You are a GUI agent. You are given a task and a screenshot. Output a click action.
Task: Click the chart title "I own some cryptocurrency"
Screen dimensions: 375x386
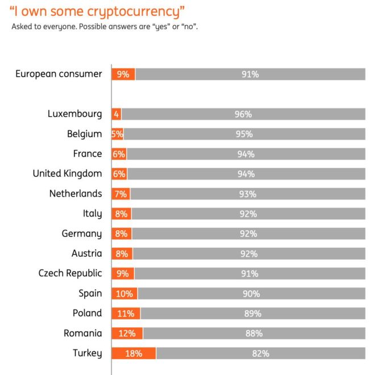97,11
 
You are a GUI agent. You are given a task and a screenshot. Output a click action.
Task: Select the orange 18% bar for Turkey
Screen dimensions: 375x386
134,353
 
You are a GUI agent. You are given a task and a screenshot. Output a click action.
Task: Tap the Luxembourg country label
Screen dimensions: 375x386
75,114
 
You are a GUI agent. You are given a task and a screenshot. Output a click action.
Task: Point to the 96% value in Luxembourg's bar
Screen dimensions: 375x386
243,114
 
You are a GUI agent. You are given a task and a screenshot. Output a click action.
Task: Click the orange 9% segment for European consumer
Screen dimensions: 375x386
123,74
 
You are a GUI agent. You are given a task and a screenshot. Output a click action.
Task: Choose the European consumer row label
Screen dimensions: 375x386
59,74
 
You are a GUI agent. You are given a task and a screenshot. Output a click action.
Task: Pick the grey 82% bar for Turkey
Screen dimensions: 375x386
260,353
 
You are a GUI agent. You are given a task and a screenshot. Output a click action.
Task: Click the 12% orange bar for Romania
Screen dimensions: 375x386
127,333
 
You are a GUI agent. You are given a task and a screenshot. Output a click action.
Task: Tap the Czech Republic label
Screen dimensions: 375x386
70,273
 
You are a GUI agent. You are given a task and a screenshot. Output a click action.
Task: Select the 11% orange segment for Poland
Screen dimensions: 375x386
126,313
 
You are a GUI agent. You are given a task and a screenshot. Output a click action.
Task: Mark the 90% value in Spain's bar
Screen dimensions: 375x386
251,294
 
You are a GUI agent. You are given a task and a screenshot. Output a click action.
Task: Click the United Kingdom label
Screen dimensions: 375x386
67,173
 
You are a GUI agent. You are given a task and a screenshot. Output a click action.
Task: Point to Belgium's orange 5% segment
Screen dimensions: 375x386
118,134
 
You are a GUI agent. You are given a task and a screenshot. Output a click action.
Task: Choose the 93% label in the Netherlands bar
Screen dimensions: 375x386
248,194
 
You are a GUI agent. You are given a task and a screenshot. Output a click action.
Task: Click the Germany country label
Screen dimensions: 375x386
82,234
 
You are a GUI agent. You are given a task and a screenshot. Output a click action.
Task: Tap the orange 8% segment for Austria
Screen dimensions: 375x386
122,253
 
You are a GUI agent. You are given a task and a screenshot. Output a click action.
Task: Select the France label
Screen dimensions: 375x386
88,153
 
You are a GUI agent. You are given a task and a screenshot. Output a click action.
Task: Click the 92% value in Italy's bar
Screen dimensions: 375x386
248,214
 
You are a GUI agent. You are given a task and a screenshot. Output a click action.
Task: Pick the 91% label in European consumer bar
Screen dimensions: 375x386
250,74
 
